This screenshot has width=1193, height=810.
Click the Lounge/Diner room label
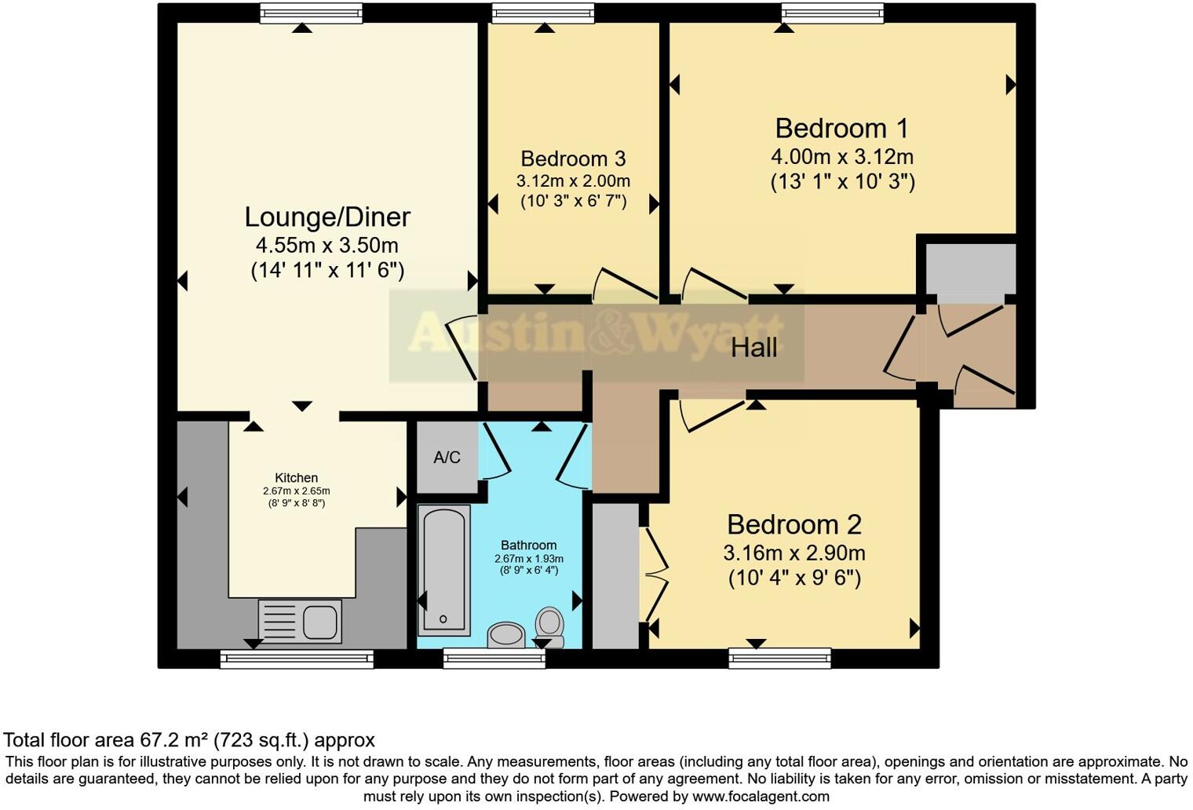(327, 217)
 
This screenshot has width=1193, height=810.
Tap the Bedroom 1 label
(841, 129)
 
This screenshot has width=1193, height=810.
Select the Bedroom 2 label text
(794, 524)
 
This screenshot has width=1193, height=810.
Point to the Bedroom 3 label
(573, 159)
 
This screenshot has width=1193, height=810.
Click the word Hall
(753, 347)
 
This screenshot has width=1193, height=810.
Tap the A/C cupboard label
(447, 458)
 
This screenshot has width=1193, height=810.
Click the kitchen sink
(300, 621)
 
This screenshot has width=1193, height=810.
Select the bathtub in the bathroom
(443, 569)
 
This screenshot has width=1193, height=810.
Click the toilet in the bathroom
(549, 626)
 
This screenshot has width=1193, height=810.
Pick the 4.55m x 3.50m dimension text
(327, 245)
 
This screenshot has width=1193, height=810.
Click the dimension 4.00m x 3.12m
(841, 156)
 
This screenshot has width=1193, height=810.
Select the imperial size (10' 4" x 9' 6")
(794, 578)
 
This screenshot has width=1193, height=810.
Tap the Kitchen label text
(296, 478)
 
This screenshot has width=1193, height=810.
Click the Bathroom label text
(528, 545)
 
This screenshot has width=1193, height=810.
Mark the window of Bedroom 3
(542, 13)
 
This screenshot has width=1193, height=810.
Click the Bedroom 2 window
(779, 658)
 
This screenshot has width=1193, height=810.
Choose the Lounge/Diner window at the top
(311, 13)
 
